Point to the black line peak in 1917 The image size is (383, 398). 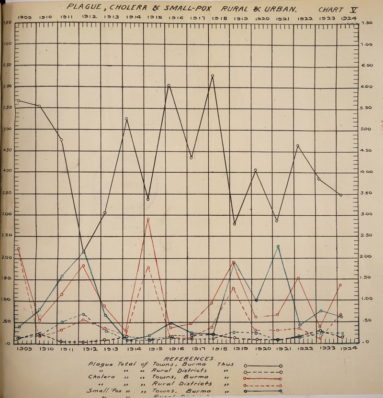tap(212, 76)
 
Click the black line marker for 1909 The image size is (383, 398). tap(19, 101)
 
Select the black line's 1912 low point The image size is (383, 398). tap(83, 252)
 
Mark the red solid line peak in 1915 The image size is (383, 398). tap(148, 219)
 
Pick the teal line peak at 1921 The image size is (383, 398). tap(278, 246)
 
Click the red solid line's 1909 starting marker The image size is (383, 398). tap(19, 248)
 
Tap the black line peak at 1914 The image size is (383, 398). tap(126, 119)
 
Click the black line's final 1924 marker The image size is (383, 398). tap(341, 195)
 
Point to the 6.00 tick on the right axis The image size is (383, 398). tap(367, 87)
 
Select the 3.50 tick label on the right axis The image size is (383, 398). tap(367, 193)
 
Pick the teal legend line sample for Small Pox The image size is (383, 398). tap(262, 391)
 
